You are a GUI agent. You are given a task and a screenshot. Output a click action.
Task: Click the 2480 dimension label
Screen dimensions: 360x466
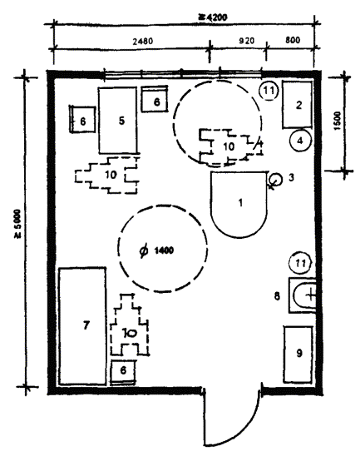click(x=143, y=41)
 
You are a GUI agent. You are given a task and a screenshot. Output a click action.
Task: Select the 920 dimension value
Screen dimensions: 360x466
click(x=247, y=40)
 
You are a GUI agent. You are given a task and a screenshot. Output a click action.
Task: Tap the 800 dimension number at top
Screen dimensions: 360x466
click(x=293, y=40)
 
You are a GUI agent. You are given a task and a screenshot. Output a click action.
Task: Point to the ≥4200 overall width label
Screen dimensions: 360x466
click(x=213, y=17)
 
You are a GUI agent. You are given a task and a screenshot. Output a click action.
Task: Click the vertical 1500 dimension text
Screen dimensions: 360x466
click(x=338, y=121)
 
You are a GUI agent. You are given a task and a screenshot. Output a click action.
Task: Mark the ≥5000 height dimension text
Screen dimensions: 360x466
click(x=18, y=224)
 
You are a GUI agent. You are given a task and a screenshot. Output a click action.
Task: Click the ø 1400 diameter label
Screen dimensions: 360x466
click(x=156, y=250)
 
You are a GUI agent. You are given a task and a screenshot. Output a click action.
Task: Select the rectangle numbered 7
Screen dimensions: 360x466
click(x=82, y=326)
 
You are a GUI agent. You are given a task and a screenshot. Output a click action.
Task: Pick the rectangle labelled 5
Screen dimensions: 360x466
click(x=118, y=120)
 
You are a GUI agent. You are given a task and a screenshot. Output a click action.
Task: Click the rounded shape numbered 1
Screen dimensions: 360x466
click(x=239, y=205)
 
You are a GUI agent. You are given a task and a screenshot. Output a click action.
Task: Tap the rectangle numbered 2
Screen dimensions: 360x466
click(x=298, y=105)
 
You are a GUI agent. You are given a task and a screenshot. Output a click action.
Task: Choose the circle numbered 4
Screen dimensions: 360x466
click(x=300, y=141)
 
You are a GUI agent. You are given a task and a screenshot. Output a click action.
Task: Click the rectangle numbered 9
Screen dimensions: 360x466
click(x=298, y=354)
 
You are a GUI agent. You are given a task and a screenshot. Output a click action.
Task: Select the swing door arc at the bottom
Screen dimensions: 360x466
click(x=241, y=429)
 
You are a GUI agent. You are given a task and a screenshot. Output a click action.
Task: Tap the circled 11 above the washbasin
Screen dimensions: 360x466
click(x=301, y=263)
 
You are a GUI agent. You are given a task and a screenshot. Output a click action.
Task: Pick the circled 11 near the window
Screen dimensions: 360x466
click(x=269, y=90)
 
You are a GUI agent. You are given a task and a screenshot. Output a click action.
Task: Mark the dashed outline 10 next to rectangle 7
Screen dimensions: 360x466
click(x=129, y=325)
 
